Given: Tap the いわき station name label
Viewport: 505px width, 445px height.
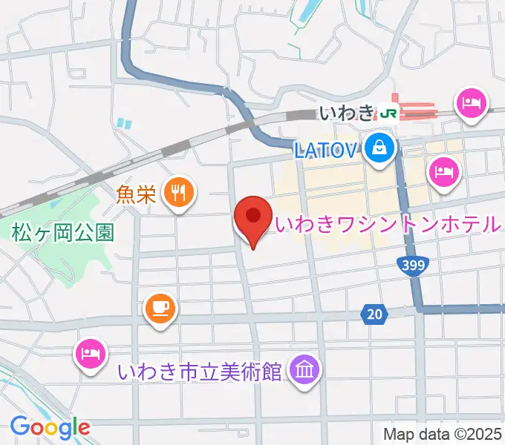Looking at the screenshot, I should pyautogui.click(x=346, y=113).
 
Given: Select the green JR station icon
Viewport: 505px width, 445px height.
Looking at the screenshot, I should pyautogui.click(x=388, y=113).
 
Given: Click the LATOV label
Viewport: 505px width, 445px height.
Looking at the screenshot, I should pyautogui.click(x=326, y=151).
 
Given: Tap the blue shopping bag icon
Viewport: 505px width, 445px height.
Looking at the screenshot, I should pyautogui.click(x=379, y=148).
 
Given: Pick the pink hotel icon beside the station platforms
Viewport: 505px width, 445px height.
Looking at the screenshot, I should pyautogui.click(x=472, y=103).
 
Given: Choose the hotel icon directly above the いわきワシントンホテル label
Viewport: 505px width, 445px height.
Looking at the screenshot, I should pyautogui.click(x=444, y=173).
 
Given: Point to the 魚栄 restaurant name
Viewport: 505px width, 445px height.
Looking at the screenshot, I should pyautogui.click(x=136, y=194).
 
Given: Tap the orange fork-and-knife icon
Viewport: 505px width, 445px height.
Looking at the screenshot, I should pyautogui.click(x=178, y=193).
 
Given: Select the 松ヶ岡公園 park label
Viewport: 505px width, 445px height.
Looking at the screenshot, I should pyautogui.click(x=62, y=233).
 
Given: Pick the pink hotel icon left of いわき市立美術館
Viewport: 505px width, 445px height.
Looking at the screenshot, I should pyautogui.click(x=90, y=352).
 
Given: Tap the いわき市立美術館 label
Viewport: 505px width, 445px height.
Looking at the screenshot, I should pyautogui.click(x=201, y=371).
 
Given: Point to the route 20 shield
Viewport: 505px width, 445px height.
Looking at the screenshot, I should pyautogui.click(x=375, y=315).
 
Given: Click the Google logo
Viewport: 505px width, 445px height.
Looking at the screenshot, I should pyautogui.click(x=50, y=426).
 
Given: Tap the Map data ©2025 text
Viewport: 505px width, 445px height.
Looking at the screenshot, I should pyautogui.click(x=442, y=434).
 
